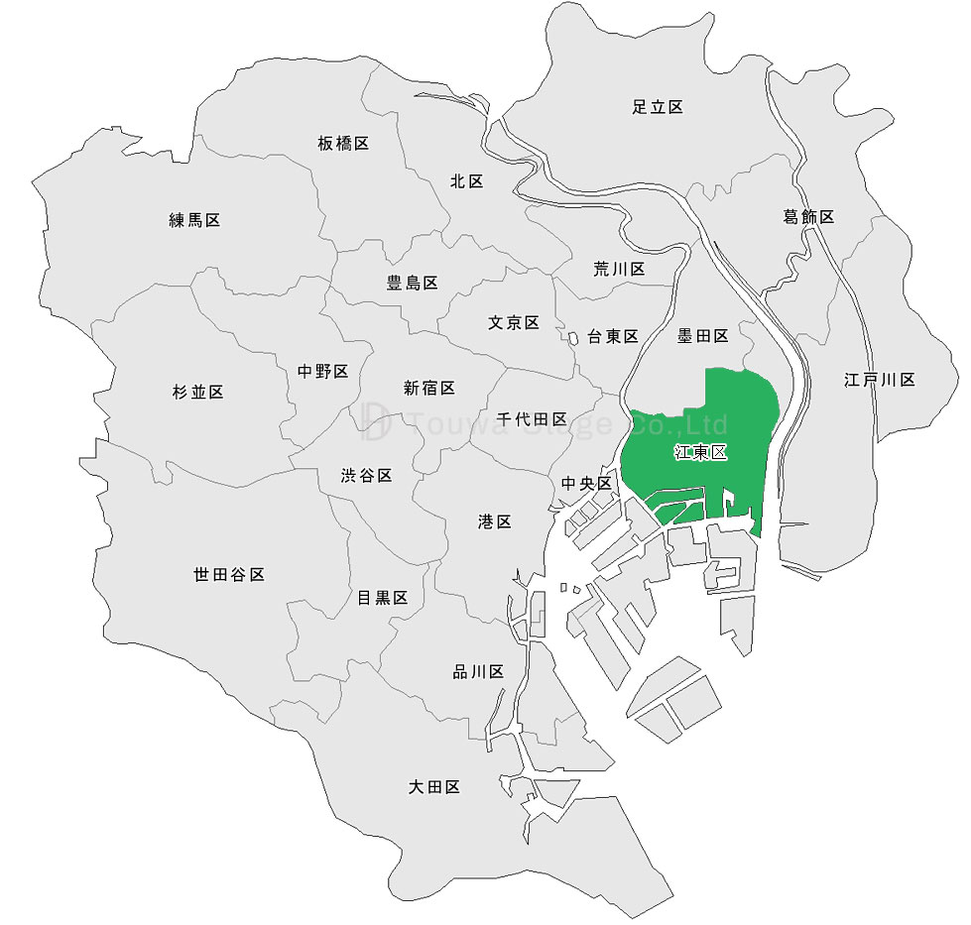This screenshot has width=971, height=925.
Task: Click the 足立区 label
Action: (x=658, y=107)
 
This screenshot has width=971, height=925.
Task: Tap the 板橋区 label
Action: (x=343, y=144)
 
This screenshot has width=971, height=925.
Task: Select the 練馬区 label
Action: (x=194, y=220)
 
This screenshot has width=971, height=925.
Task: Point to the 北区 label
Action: (x=466, y=180)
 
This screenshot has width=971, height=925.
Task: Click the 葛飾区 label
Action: (x=808, y=216)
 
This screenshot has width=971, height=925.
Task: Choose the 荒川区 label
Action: (x=619, y=269)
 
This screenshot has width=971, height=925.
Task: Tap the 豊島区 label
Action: (x=412, y=283)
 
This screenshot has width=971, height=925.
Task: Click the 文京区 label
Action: (x=513, y=322)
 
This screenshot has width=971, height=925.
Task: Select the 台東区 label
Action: (x=612, y=336)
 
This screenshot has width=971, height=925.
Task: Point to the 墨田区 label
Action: (x=702, y=336)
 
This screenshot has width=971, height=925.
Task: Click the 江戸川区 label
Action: (x=879, y=380)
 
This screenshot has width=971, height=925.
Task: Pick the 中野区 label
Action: (x=322, y=372)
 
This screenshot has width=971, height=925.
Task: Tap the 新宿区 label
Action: (x=428, y=388)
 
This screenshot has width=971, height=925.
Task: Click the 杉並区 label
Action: (x=197, y=392)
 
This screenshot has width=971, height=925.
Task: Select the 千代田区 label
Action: (x=532, y=419)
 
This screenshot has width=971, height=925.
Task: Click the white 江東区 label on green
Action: (x=700, y=452)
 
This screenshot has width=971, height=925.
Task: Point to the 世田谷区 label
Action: (x=229, y=574)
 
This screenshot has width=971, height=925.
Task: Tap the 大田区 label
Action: (x=434, y=787)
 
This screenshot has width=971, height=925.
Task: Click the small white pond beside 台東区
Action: (x=573, y=338)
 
